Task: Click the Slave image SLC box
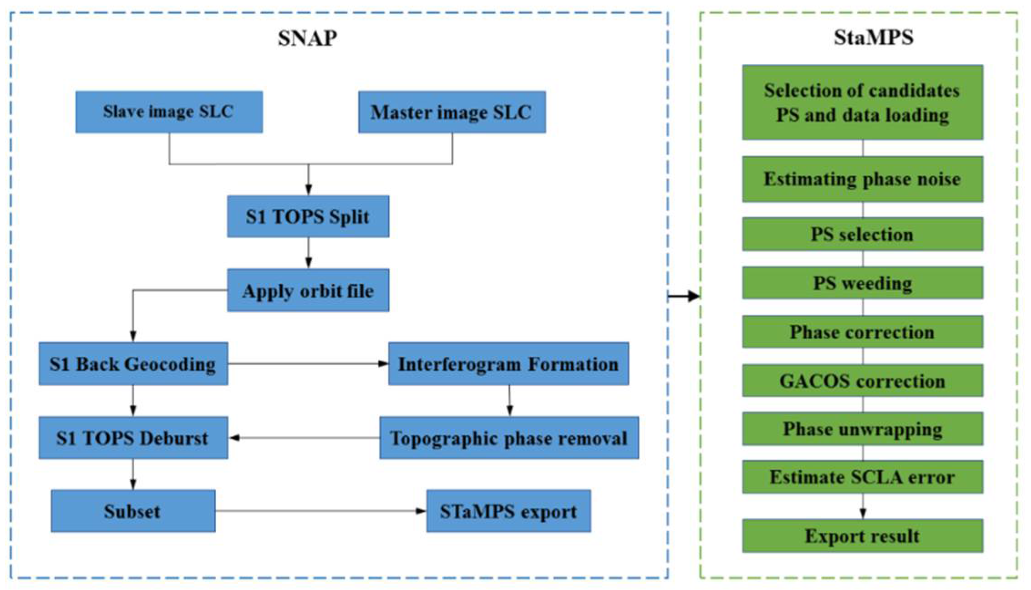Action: [x=169, y=112]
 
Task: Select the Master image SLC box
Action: [x=452, y=112]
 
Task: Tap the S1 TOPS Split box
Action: [x=308, y=216]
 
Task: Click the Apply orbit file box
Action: [x=308, y=290]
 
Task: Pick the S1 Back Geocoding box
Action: [x=133, y=364]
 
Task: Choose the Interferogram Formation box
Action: [x=508, y=364]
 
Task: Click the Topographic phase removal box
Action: [x=509, y=438]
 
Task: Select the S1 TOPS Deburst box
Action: [x=133, y=438]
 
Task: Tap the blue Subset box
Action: [x=133, y=511]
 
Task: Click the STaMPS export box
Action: [x=508, y=511]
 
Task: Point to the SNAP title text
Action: [x=308, y=38]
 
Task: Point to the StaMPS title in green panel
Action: [x=873, y=37]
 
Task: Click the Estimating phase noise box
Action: [x=862, y=179]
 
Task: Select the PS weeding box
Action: [x=862, y=283]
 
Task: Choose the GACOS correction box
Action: [x=862, y=380]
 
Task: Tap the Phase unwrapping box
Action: [x=862, y=429]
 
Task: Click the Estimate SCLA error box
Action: [x=862, y=477]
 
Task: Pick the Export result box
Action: [x=862, y=536]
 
